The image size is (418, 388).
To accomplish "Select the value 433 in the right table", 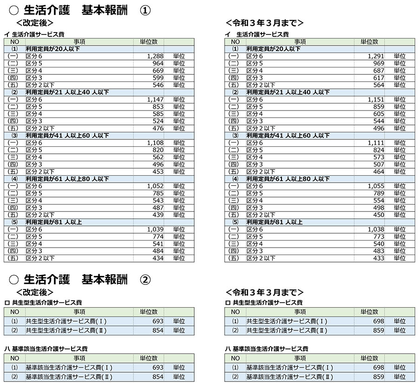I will coord(379,258).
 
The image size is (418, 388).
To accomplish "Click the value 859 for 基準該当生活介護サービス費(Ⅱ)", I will coord(379,377).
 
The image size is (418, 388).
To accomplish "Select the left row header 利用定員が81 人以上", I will coord(54,222).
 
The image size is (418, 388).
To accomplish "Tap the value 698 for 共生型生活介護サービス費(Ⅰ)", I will coord(379,321).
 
